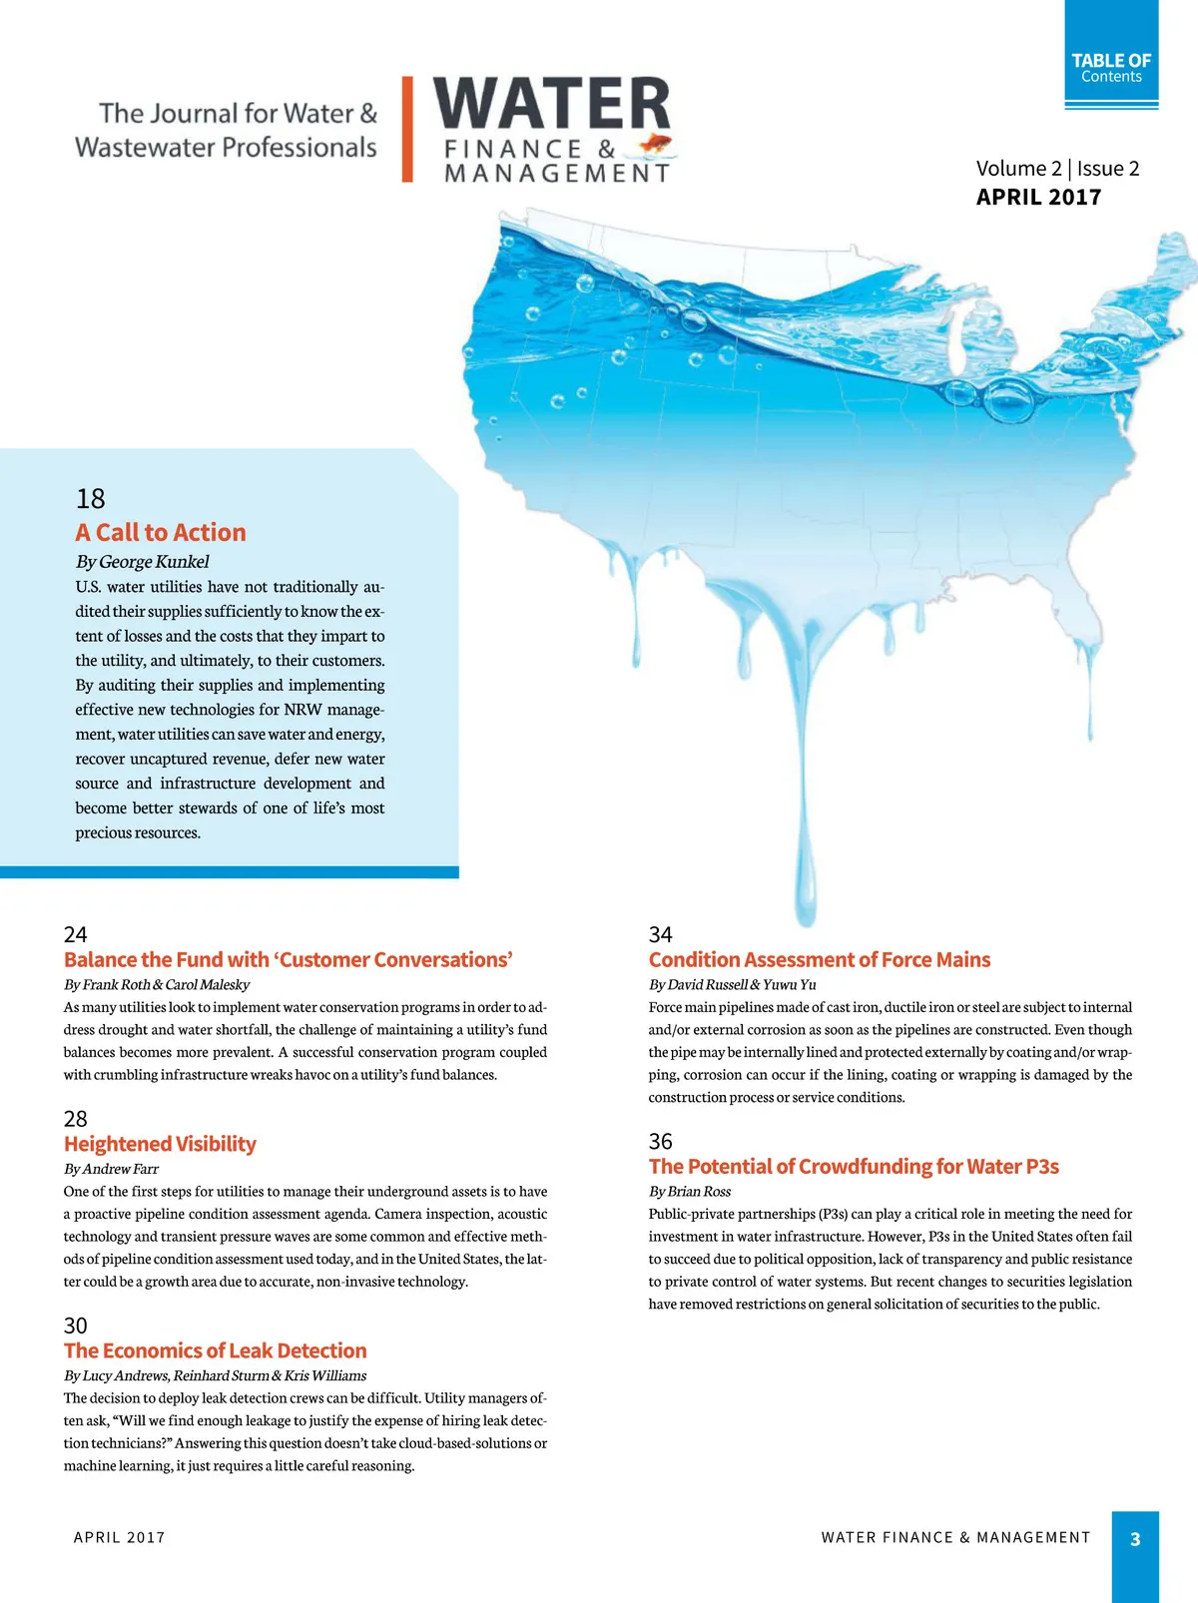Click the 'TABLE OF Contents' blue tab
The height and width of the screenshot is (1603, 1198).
point(1111,68)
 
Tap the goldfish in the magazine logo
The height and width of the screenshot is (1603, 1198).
point(655,145)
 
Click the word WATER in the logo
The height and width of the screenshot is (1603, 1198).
point(552,103)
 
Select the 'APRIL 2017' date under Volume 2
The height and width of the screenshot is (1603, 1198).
point(1038,197)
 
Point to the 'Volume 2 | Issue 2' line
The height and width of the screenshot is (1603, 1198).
point(1057,169)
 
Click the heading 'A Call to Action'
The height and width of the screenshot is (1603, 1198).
point(161,532)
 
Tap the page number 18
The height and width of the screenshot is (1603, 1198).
point(90,498)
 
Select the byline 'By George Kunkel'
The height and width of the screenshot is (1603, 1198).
point(143,561)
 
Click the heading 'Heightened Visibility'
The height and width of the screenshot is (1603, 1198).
point(160,1144)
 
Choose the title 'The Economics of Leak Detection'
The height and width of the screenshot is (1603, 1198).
point(216,1350)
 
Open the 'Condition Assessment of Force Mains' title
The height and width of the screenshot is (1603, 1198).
point(820,959)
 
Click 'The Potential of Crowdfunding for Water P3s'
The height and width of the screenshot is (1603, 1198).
point(854,1166)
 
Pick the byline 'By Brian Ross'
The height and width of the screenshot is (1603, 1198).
point(690,1191)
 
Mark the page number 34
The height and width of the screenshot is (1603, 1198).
point(660,934)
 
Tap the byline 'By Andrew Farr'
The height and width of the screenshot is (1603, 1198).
point(111,1169)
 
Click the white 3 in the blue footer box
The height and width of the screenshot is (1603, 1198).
point(1135,1539)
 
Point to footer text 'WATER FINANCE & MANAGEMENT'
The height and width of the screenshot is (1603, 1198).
point(955,1538)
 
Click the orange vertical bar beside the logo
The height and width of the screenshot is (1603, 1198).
point(407,130)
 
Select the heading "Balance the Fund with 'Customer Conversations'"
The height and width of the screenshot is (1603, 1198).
point(289,959)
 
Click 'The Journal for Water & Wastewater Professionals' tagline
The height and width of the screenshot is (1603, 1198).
point(227,130)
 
